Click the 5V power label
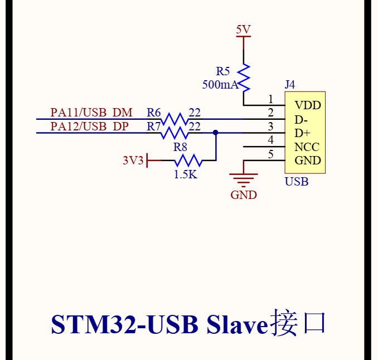pos(244,30)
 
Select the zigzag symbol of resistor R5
pos(244,77)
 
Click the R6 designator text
pos(154,113)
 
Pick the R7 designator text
pos(154,127)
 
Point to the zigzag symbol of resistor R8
pos(187,160)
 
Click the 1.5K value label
pos(185,174)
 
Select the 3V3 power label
pos(133,160)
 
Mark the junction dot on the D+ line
pos(216,133)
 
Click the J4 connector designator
pos(290,85)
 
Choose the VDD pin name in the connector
pos(308,105)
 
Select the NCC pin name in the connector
pos(307,147)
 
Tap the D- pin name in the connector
pos(302,119)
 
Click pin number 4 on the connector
pos(270,140)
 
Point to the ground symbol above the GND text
pos(244,177)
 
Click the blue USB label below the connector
pos(297,182)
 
